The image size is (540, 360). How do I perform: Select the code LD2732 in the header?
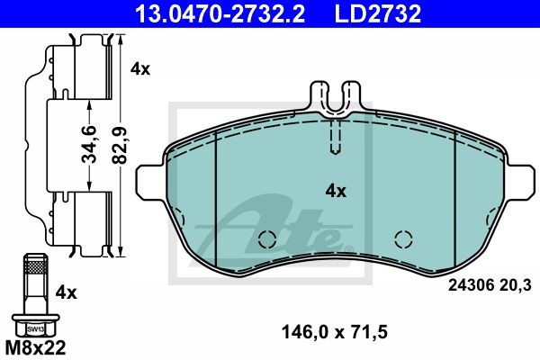pyautogui.click(x=365, y=13)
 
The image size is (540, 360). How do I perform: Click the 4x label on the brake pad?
pyautogui.click(x=335, y=191)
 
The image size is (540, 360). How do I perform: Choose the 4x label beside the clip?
pyautogui.click(x=139, y=68)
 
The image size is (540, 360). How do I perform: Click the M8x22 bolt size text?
pyautogui.click(x=37, y=346)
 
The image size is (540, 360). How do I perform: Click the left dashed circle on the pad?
pyautogui.click(x=266, y=239)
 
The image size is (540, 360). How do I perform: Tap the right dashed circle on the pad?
pyautogui.click(x=401, y=239)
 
